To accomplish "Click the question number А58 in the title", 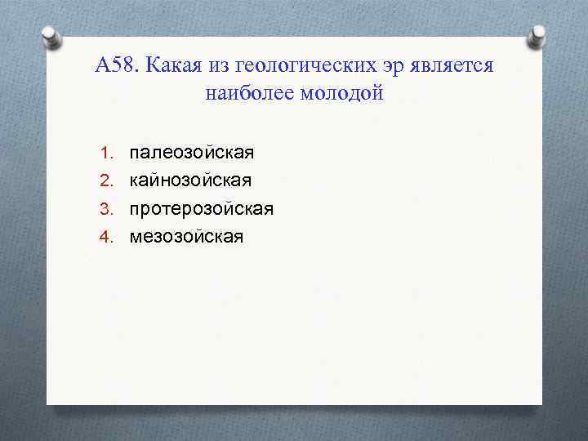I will tap(118, 66).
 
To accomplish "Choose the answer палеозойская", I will tap(191, 153).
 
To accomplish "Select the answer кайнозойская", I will tap(190, 180).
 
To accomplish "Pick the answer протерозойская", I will tap(201, 209).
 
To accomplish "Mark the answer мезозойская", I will tap(186, 237).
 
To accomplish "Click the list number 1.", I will tap(105, 153).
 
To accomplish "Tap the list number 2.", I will tap(105, 180).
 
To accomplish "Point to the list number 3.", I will tap(105, 209).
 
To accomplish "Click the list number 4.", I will tap(105, 237).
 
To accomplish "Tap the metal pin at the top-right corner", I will tap(537, 36).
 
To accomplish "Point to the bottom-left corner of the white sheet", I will tap(48, 403).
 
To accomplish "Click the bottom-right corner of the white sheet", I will tap(541, 403).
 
